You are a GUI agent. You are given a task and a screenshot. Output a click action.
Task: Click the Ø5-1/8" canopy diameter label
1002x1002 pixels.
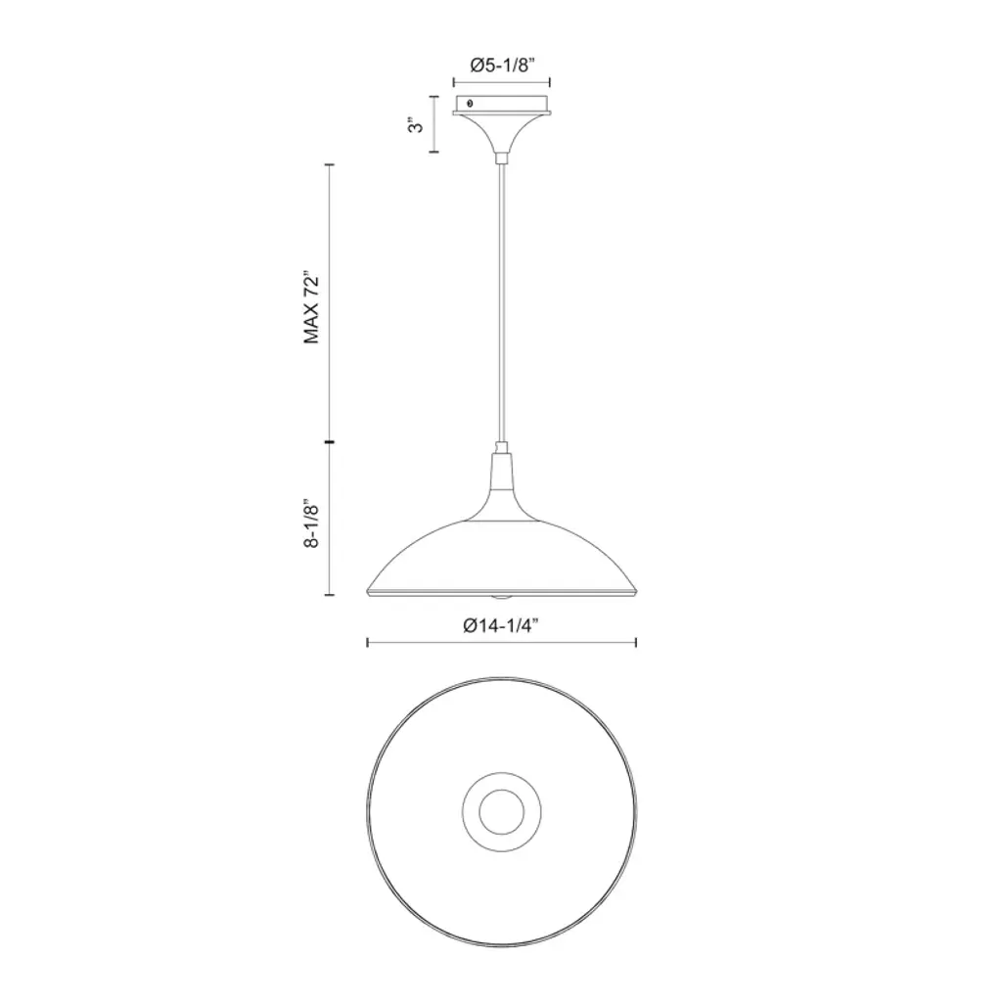[x=502, y=65]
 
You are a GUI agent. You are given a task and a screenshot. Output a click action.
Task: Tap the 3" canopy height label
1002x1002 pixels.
[x=415, y=124]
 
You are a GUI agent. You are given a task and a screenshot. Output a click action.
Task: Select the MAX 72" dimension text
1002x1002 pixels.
[x=311, y=309]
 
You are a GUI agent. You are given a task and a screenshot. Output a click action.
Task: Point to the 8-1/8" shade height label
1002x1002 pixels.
[x=311, y=524]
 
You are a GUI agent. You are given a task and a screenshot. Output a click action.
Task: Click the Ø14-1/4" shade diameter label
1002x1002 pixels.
[x=502, y=625]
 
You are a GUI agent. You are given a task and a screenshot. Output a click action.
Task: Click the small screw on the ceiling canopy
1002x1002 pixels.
[x=471, y=103]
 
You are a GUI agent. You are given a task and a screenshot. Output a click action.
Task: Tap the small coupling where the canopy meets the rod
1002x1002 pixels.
[x=502, y=157]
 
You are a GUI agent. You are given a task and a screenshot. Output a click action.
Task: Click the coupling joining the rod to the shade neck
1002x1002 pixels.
[x=502, y=446]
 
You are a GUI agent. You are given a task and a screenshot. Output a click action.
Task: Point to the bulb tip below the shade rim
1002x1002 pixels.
[x=502, y=598]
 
